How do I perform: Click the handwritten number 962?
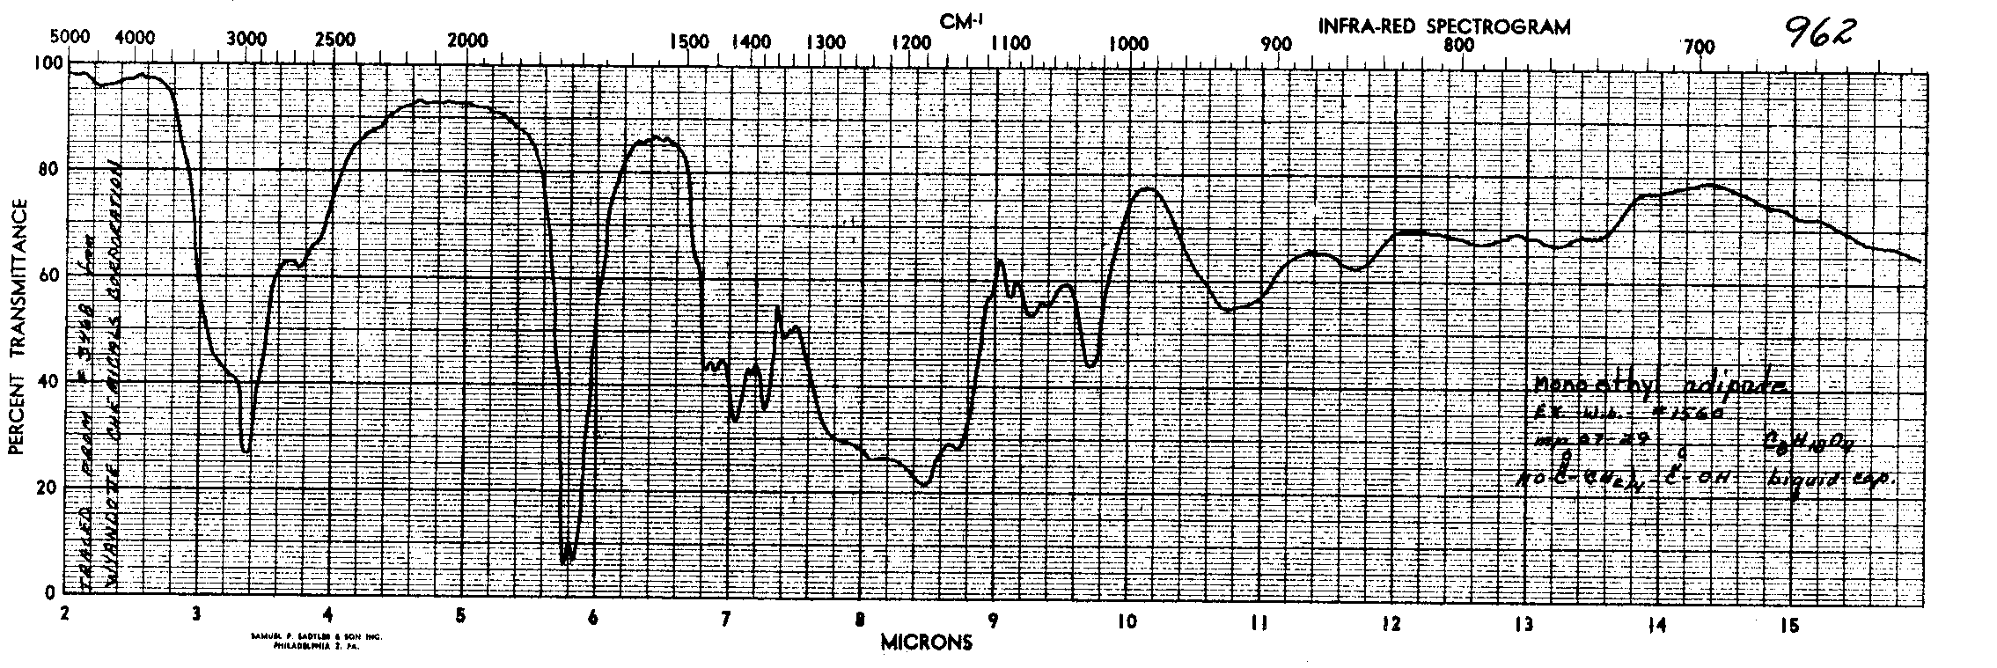1818,33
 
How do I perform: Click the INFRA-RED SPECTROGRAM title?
1443,26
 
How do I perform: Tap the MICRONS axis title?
927,642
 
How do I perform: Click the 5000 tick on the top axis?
70,38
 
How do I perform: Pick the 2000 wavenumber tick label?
466,41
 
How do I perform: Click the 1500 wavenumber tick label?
688,41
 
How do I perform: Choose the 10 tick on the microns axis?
1125,620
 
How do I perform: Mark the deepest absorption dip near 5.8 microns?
565,561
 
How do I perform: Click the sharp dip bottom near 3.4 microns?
246,450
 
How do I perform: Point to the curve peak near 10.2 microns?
1147,188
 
